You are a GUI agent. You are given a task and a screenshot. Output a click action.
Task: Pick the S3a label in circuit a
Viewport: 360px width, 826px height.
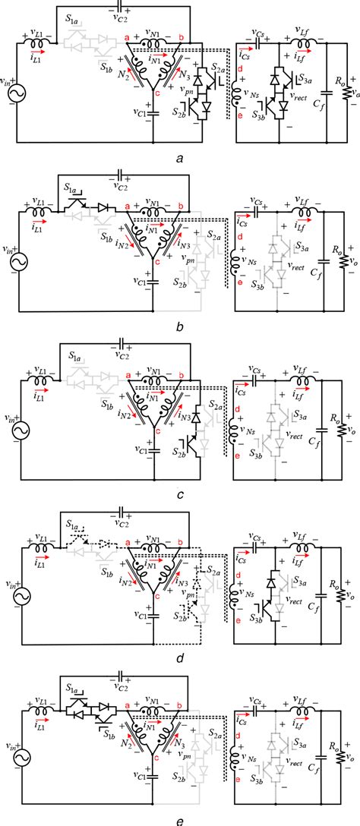(305, 79)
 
